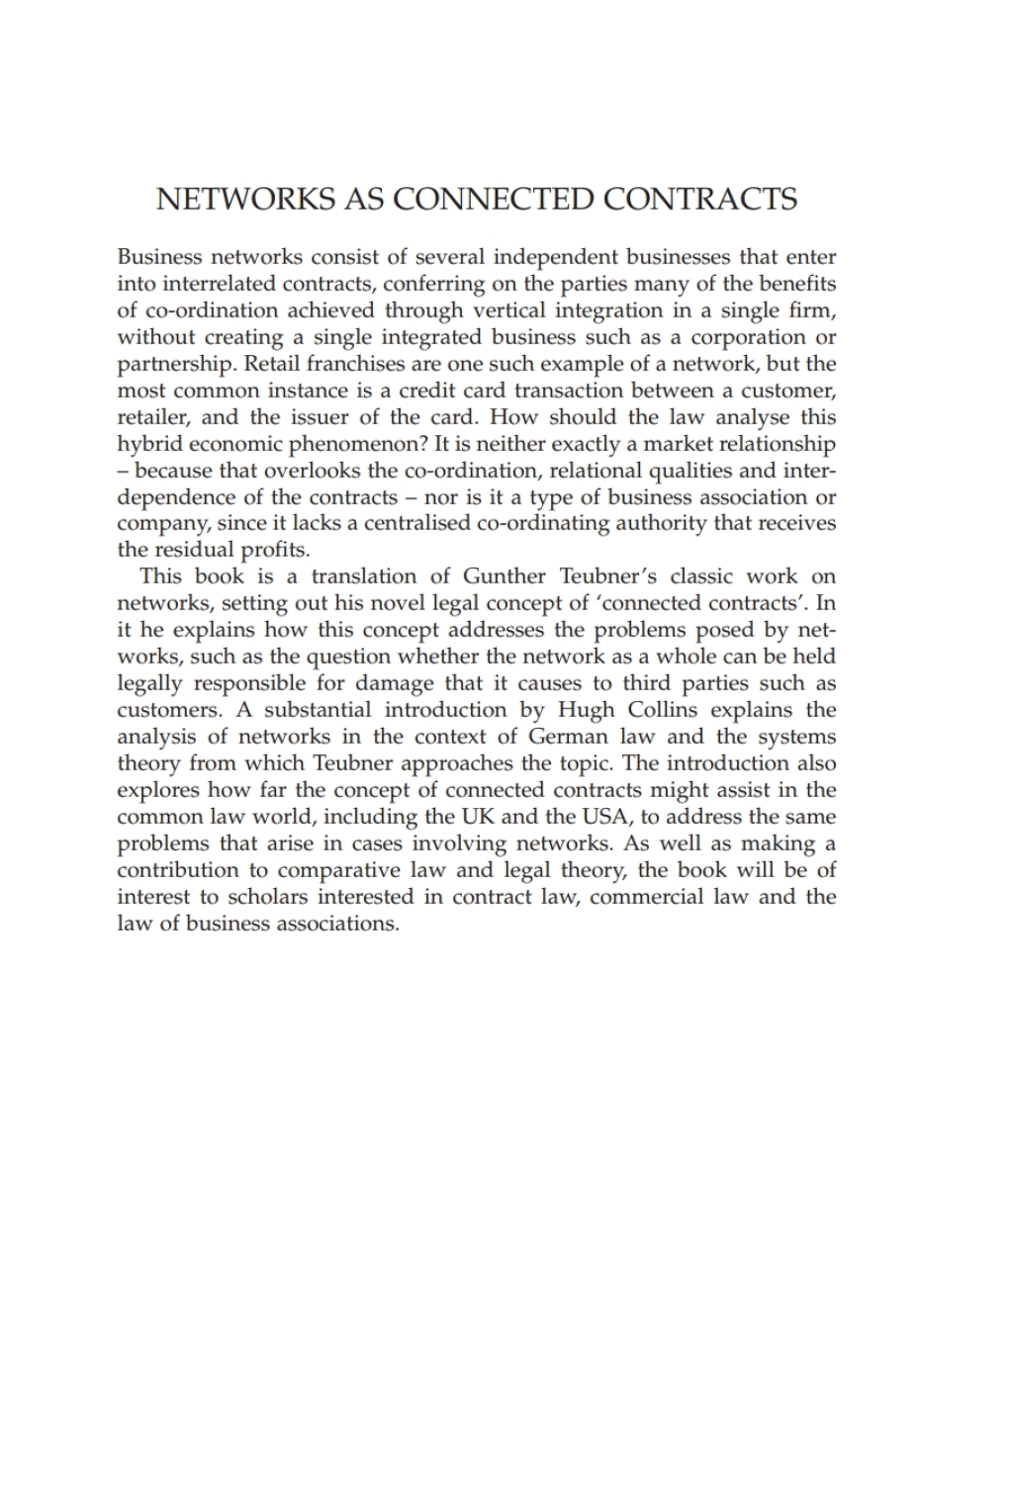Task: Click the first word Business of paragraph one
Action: [159, 257]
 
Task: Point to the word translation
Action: [364, 576]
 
